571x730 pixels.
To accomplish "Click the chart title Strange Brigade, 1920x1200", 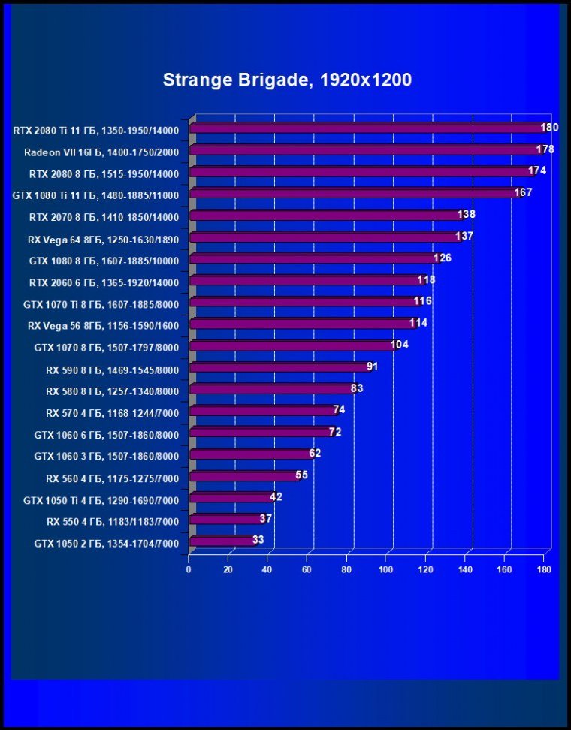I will [x=287, y=80].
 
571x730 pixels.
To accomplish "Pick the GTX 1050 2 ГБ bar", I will [x=222, y=541].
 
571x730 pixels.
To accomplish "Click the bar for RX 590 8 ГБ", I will [x=278, y=367].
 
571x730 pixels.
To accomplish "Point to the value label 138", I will [x=467, y=215].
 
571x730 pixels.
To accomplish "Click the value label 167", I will [x=523, y=193].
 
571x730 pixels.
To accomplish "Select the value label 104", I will [x=400, y=345].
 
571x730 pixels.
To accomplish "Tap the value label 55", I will [x=301, y=475].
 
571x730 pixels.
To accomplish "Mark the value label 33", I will [x=258, y=540].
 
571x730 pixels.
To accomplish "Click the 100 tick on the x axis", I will [x=386, y=570].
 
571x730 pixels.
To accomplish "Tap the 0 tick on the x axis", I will [x=189, y=570].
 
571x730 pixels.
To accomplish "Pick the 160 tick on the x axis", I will [x=504, y=570].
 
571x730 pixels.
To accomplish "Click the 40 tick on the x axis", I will [x=267, y=570].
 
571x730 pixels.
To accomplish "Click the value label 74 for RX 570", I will [x=339, y=410].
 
